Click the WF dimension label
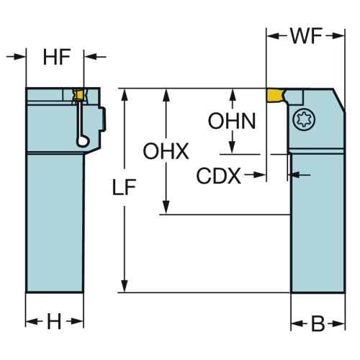(306, 36)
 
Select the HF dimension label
(57, 57)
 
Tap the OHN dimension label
(232, 121)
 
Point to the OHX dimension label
(166, 151)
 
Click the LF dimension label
(124, 187)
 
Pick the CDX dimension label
(219, 176)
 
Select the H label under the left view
(54, 322)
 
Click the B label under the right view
(318, 324)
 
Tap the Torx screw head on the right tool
(304, 120)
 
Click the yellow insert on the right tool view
(275, 95)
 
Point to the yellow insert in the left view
(78, 94)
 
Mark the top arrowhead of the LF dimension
(125, 94)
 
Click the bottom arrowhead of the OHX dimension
(166, 208)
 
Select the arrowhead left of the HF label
(19, 57)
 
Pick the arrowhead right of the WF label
(338, 36)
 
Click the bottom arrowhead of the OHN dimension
(232, 147)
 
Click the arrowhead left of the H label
(32, 321)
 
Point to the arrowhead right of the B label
(338, 324)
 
